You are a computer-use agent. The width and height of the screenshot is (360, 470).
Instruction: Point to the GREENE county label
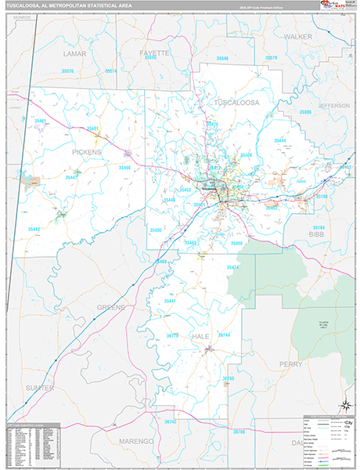[x=110, y=307]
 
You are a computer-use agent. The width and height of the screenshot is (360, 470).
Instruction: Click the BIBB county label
[x=338, y=233]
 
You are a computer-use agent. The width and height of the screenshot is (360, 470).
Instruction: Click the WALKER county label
[x=297, y=36]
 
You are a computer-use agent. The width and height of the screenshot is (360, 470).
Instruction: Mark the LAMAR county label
[x=74, y=54]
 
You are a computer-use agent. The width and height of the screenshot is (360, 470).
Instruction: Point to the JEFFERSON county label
[x=334, y=104]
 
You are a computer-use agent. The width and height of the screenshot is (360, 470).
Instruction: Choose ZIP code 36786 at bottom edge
[x=239, y=432]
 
